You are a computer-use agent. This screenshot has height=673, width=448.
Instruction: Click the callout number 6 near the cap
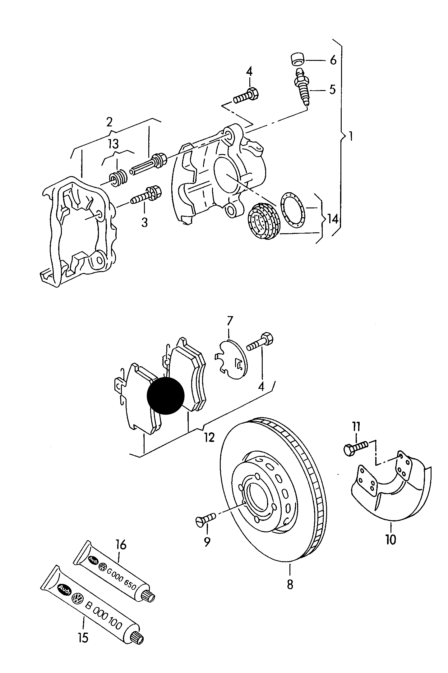point(333,60)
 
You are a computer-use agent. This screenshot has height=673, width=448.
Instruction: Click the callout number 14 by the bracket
point(332,220)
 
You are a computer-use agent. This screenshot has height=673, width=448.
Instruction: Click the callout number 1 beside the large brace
point(351,137)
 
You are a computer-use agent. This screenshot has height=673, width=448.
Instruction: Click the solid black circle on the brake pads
point(166,396)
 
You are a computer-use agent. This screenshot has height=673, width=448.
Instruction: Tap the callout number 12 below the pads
point(210,438)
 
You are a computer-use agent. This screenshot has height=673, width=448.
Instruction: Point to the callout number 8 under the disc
point(290,585)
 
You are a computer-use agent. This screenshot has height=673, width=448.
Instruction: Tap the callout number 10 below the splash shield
point(391,540)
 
